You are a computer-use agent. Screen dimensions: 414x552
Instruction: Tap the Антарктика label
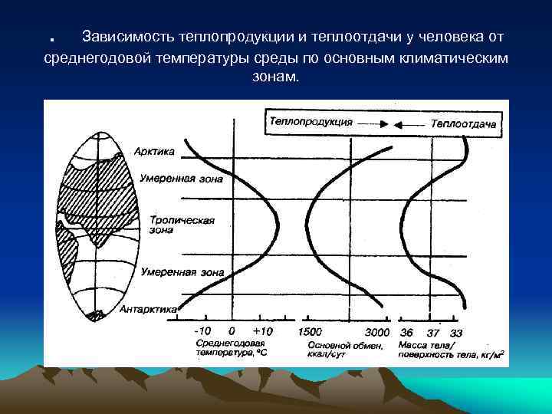pos(149,309)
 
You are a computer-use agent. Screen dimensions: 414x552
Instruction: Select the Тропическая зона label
pos(171,224)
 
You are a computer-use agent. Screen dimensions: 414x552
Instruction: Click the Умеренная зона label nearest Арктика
pos(182,179)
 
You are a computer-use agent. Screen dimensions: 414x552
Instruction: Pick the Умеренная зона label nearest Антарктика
pos(182,271)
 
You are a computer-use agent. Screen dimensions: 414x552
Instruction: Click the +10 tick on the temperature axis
pos(261,332)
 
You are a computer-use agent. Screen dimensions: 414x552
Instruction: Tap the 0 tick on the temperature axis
pos(232,332)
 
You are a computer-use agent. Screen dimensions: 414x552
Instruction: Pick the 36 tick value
pos(406,332)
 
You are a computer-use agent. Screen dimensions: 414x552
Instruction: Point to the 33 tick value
pos(456,332)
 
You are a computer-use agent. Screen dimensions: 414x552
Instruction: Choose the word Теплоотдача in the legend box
pos(463,123)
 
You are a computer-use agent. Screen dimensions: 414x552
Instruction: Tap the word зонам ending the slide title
pos(275,78)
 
